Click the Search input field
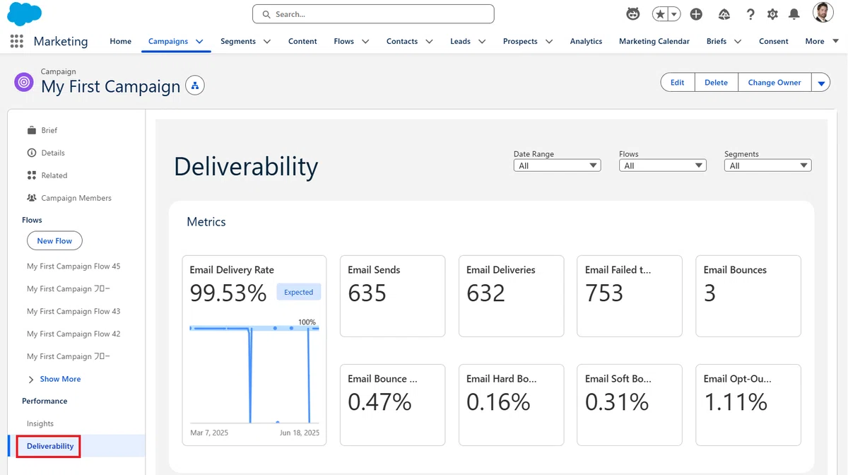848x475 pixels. tap(373, 14)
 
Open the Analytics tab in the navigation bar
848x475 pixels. tap(586, 41)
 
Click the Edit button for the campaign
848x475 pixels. tap(677, 82)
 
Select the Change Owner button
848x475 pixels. tap(775, 82)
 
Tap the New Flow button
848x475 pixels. tap(54, 240)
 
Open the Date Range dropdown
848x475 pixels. tap(557, 165)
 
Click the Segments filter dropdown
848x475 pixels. tap(767, 165)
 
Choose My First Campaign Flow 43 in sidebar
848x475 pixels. tap(73, 311)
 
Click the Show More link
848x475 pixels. tap(60, 379)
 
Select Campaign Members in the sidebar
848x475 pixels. tap(76, 198)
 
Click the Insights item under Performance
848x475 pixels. tap(40, 423)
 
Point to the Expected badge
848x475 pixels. tap(298, 292)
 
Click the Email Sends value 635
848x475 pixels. tap(367, 293)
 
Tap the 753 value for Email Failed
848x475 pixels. tap(603, 293)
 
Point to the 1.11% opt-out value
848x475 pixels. tap(735, 401)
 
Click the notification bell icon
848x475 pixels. tap(794, 14)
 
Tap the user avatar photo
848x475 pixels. tap(823, 13)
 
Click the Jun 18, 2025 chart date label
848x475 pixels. tap(300, 433)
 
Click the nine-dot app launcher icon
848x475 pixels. tap(17, 41)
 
